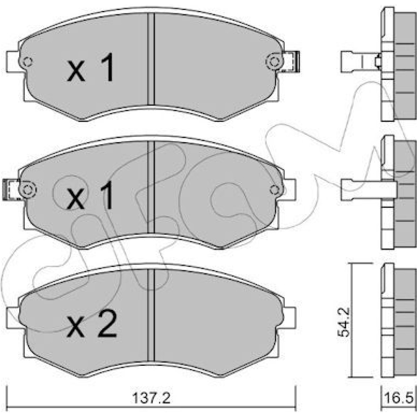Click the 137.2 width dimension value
[151, 398]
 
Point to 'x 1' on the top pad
[90, 67]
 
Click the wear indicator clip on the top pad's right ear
[291, 62]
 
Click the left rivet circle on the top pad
[27, 62]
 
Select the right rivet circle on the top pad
[274, 61]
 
